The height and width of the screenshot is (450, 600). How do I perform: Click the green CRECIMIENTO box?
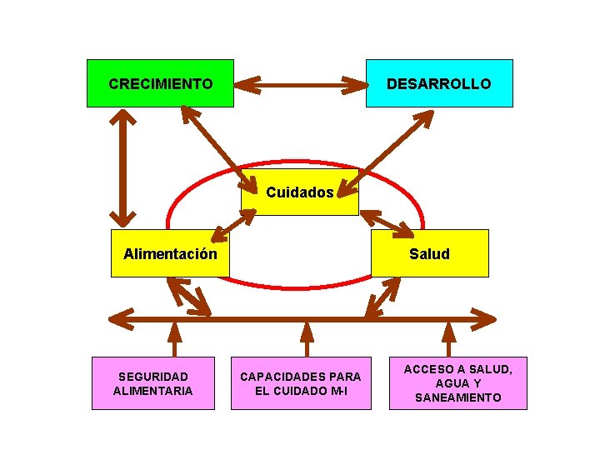160,83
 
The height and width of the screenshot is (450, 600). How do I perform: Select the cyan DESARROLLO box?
439,83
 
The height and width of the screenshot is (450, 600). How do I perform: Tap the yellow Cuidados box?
300,192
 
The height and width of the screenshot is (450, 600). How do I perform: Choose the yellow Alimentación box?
171,253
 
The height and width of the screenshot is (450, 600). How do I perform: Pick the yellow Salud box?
429,253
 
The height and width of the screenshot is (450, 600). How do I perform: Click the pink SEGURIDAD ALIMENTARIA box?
153,383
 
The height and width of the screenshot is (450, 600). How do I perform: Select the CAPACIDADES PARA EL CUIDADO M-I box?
301,383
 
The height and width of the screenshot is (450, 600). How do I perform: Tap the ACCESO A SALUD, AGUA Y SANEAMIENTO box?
457,383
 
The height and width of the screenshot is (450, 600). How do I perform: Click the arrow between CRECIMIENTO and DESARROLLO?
300,84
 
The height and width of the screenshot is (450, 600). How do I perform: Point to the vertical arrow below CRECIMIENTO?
125,168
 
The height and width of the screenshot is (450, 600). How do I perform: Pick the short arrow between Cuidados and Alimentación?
233,222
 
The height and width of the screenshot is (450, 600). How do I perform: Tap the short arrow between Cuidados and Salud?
387,222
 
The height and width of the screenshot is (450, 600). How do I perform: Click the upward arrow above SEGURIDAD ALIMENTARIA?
173,337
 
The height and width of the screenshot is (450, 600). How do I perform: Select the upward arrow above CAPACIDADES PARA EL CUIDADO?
307,337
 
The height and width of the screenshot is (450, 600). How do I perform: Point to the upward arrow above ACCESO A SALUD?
448,337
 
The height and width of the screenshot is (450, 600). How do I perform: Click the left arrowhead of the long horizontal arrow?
122,317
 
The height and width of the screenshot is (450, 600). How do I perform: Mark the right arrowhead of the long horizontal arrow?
485,317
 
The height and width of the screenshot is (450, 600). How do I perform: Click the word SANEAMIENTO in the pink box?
457,397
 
